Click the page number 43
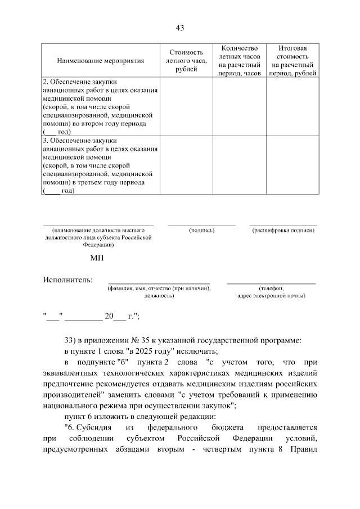pos(180,28)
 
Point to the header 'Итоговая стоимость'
pos(292,53)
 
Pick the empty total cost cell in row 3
pos(292,164)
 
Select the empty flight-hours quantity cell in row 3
pos(240,164)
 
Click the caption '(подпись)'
pos(201,231)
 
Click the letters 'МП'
pos(97,259)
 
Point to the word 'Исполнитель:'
pos(68,280)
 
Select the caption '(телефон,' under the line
pos(271,288)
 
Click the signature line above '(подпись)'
pos(201,225)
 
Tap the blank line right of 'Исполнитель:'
pos(159,282)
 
